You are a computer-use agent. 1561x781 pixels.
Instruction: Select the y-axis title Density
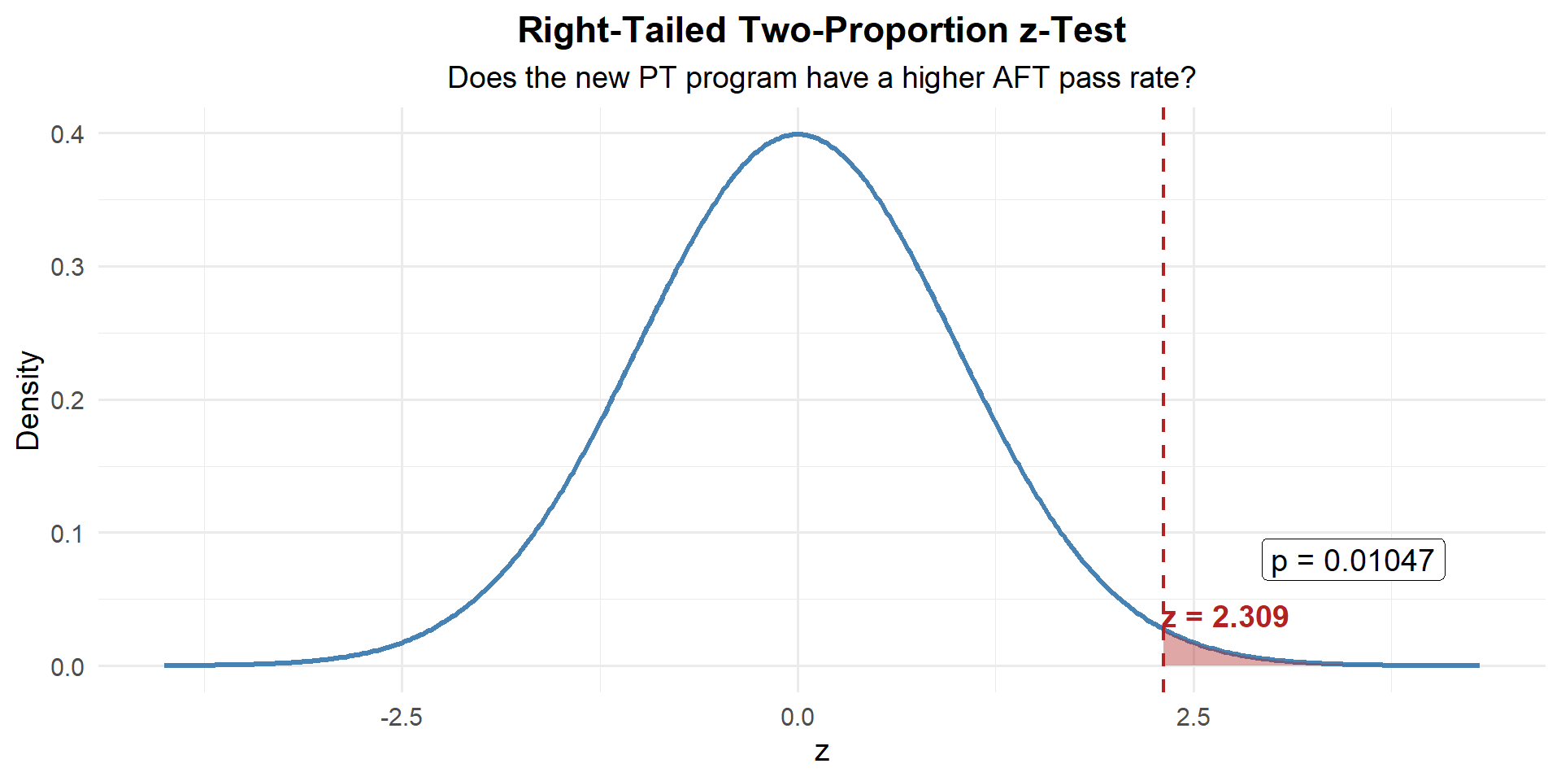click(28, 400)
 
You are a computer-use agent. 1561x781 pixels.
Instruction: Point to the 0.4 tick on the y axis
click(67, 134)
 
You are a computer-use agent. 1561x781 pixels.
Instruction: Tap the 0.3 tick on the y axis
click(67, 268)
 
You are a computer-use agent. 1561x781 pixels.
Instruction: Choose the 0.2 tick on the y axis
click(67, 401)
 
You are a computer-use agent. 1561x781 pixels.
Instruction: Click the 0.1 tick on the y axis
click(67, 534)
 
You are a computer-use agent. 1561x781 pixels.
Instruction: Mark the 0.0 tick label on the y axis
click(67, 668)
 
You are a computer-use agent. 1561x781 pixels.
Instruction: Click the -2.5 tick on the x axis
click(402, 718)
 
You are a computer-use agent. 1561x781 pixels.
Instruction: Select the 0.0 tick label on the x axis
click(798, 718)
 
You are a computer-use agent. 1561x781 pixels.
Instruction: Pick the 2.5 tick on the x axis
click(1194, 718)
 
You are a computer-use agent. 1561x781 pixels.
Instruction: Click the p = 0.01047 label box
click(1353, 561)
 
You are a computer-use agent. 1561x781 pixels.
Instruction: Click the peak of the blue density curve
click(798, 134)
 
